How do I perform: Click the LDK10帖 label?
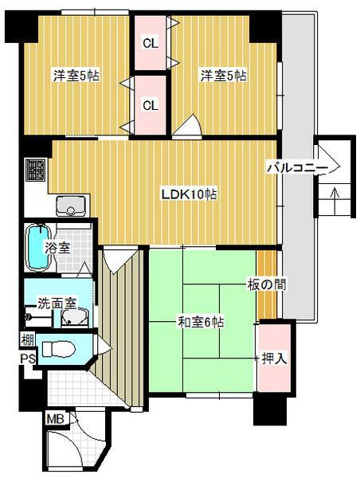point(190,194)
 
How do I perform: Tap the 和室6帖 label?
point(200,323)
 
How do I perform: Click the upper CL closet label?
point(150,43)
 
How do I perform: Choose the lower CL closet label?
point(150,104)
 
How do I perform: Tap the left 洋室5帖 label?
point(76,76)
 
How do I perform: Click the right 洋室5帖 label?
point(223,76)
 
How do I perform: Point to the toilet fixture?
point(58,349)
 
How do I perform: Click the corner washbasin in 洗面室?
point(73,319)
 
